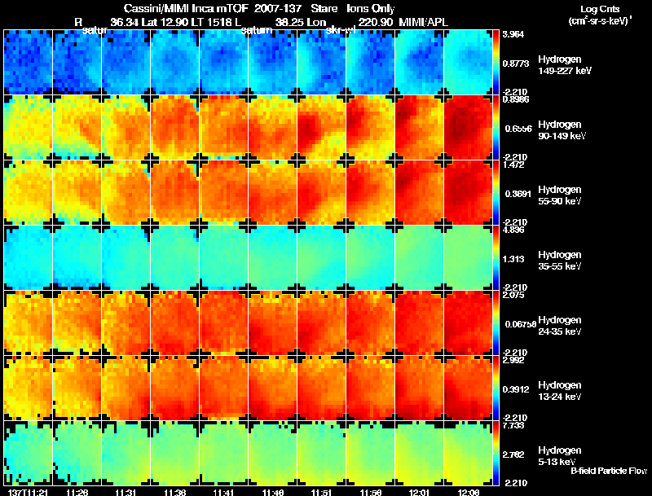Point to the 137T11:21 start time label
click(x=26, y=491)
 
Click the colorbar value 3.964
click(x=513, y=34)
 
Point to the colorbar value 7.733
click(x=513, y=425)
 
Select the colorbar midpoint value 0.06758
click(x=517, y=324)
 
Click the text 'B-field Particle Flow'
click(x=608, y=470)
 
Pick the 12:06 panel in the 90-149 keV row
click(x=469, y=128)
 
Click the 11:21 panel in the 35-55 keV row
click(x=28, y=257)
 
